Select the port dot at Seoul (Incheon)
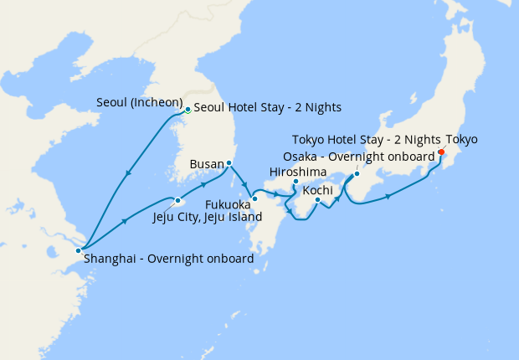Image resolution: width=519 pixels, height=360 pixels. click(x=188, y=109)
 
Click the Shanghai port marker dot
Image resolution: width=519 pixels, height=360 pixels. click(x=78, y=249)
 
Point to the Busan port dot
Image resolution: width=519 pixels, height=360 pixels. click(x=229, y=162)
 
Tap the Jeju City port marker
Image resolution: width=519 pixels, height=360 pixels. click(x=178, y=200)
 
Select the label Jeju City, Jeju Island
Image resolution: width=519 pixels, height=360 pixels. click(x=208, y=217)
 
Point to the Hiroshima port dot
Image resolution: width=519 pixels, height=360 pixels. click(x=295, y=181)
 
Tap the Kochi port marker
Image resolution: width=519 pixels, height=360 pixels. click(x=317, y=199)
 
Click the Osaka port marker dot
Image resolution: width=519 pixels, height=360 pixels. click(x=357, y=173)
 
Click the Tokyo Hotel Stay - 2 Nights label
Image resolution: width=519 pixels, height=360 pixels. click(x=367, y=139)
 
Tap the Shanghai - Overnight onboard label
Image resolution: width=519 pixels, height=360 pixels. click(x=168, y=259)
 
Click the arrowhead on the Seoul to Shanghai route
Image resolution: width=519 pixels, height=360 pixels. click(x=128, y=174)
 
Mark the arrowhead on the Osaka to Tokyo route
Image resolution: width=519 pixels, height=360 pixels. click(x=388, y=197)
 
